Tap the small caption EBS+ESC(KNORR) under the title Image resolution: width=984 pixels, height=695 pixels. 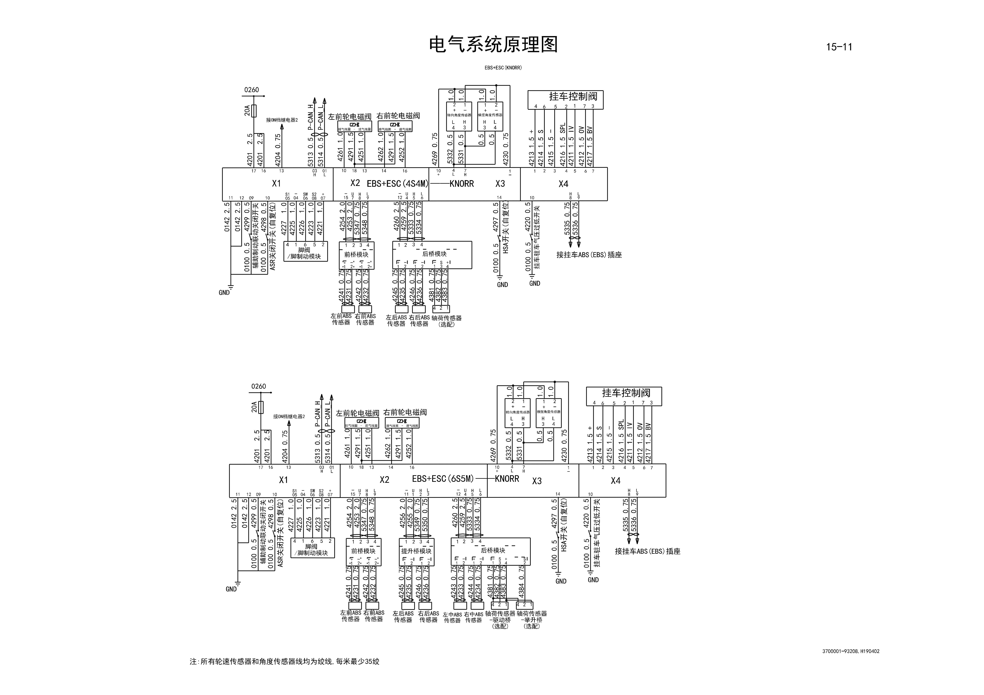[x=503, y=68]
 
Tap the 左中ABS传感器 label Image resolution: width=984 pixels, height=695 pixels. [x=452, y=617]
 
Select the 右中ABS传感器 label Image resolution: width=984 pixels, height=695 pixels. [x=474, y=617]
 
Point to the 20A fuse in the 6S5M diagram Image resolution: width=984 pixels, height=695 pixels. [x=261, y=407]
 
